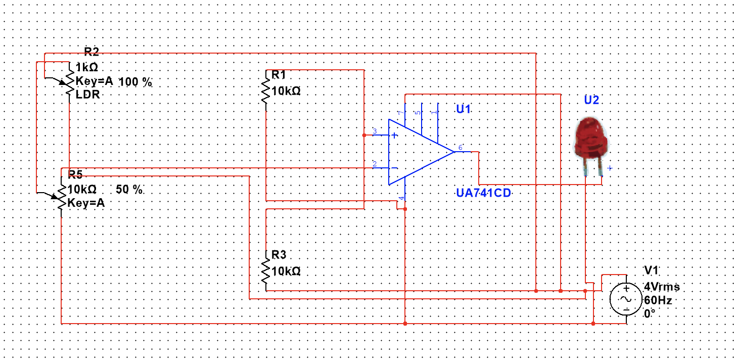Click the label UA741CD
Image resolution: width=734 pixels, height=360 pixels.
click(483, 193)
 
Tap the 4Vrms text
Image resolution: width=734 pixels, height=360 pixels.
click(662, 287)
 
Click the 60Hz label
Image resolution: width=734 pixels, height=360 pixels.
click(658, 300)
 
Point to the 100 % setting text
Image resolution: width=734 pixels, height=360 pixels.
click(135, 82)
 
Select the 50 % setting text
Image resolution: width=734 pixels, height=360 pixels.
click(129, 190)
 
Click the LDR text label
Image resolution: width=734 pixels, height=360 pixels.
click(87, 95)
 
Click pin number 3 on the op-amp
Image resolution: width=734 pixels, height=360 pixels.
click(375, 131)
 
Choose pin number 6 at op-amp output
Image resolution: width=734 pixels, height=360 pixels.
click(461, 148)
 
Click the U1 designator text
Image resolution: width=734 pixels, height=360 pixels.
click(464, 109)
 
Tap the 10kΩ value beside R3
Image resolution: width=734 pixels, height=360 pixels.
click(286, 272)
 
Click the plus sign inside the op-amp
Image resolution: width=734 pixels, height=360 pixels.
click(394, 136)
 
